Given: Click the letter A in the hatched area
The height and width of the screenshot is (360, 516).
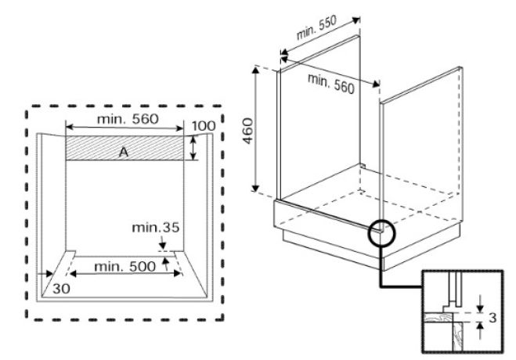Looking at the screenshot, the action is pos(124,153).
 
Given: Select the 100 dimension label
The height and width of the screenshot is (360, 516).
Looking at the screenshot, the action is pos(204,126).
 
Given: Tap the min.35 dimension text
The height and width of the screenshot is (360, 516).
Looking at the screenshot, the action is pos(155,228).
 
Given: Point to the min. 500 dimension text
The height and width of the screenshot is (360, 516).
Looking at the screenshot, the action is pos(124,267).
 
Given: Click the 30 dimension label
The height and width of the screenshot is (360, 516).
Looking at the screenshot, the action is pos(62,289).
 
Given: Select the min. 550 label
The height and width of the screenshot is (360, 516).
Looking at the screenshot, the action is pos(316,27).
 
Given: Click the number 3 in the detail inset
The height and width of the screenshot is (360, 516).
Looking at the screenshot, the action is pos(493,318).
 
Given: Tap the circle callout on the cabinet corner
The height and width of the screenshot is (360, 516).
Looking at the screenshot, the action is pos(382,232).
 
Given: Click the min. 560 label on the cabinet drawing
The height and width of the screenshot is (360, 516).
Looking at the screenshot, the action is pos(330,84).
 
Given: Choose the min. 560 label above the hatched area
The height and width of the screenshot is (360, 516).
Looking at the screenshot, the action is pos(128,119).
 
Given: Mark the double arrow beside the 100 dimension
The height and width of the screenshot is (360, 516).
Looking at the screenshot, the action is pos(193,148).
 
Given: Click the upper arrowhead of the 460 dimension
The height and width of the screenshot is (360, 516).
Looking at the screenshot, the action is pos(255,69).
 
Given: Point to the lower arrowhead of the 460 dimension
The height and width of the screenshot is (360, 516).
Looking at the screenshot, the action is pos(255,189).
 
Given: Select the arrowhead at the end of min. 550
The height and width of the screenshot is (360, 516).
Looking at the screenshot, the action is pos(356,20).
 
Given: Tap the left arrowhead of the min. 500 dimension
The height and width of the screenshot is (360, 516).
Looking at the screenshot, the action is pos(73,274).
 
